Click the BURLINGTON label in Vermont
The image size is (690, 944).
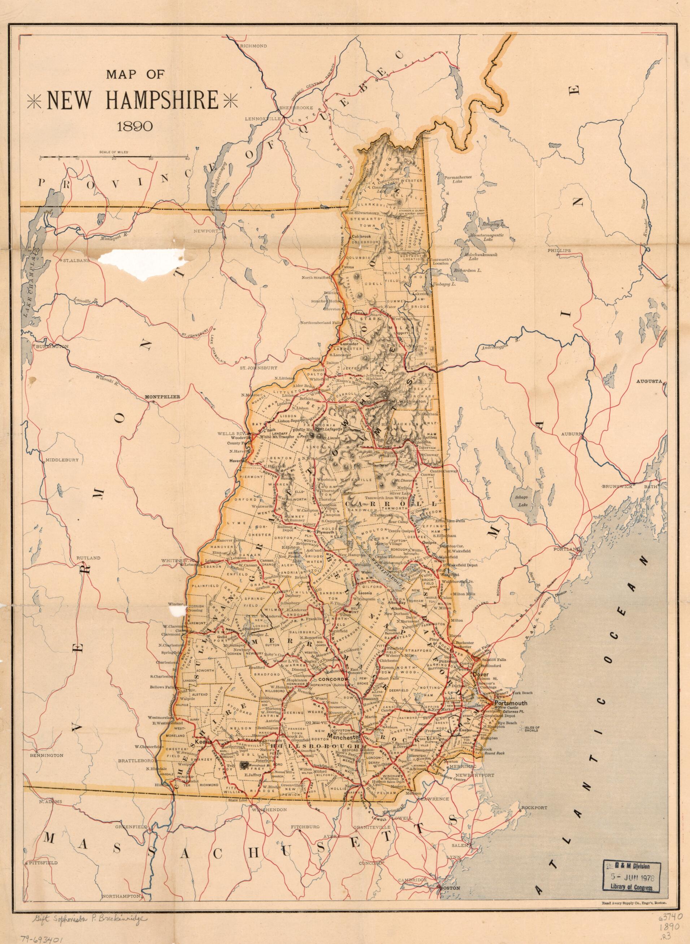pyautogui.click(x=52, y=347)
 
